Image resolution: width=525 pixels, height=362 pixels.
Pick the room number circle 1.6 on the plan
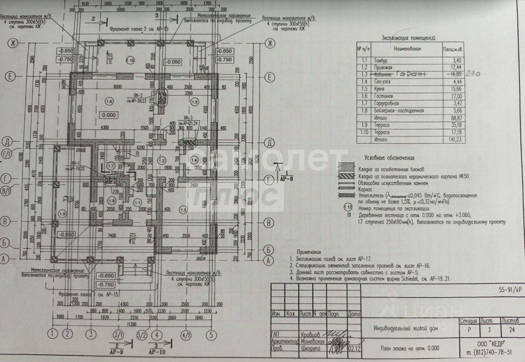tap(109, 101)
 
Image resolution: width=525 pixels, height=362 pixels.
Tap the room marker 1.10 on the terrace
tap(130, 60)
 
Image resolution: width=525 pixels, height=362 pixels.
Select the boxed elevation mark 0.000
tap(110, 115)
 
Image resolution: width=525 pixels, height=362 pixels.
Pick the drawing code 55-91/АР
tap(510, 290)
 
